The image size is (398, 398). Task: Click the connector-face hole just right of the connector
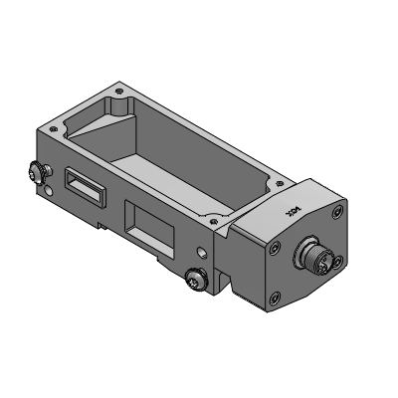click(x=341, y=261)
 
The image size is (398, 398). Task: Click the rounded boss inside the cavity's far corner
click(x=119, y=104)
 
